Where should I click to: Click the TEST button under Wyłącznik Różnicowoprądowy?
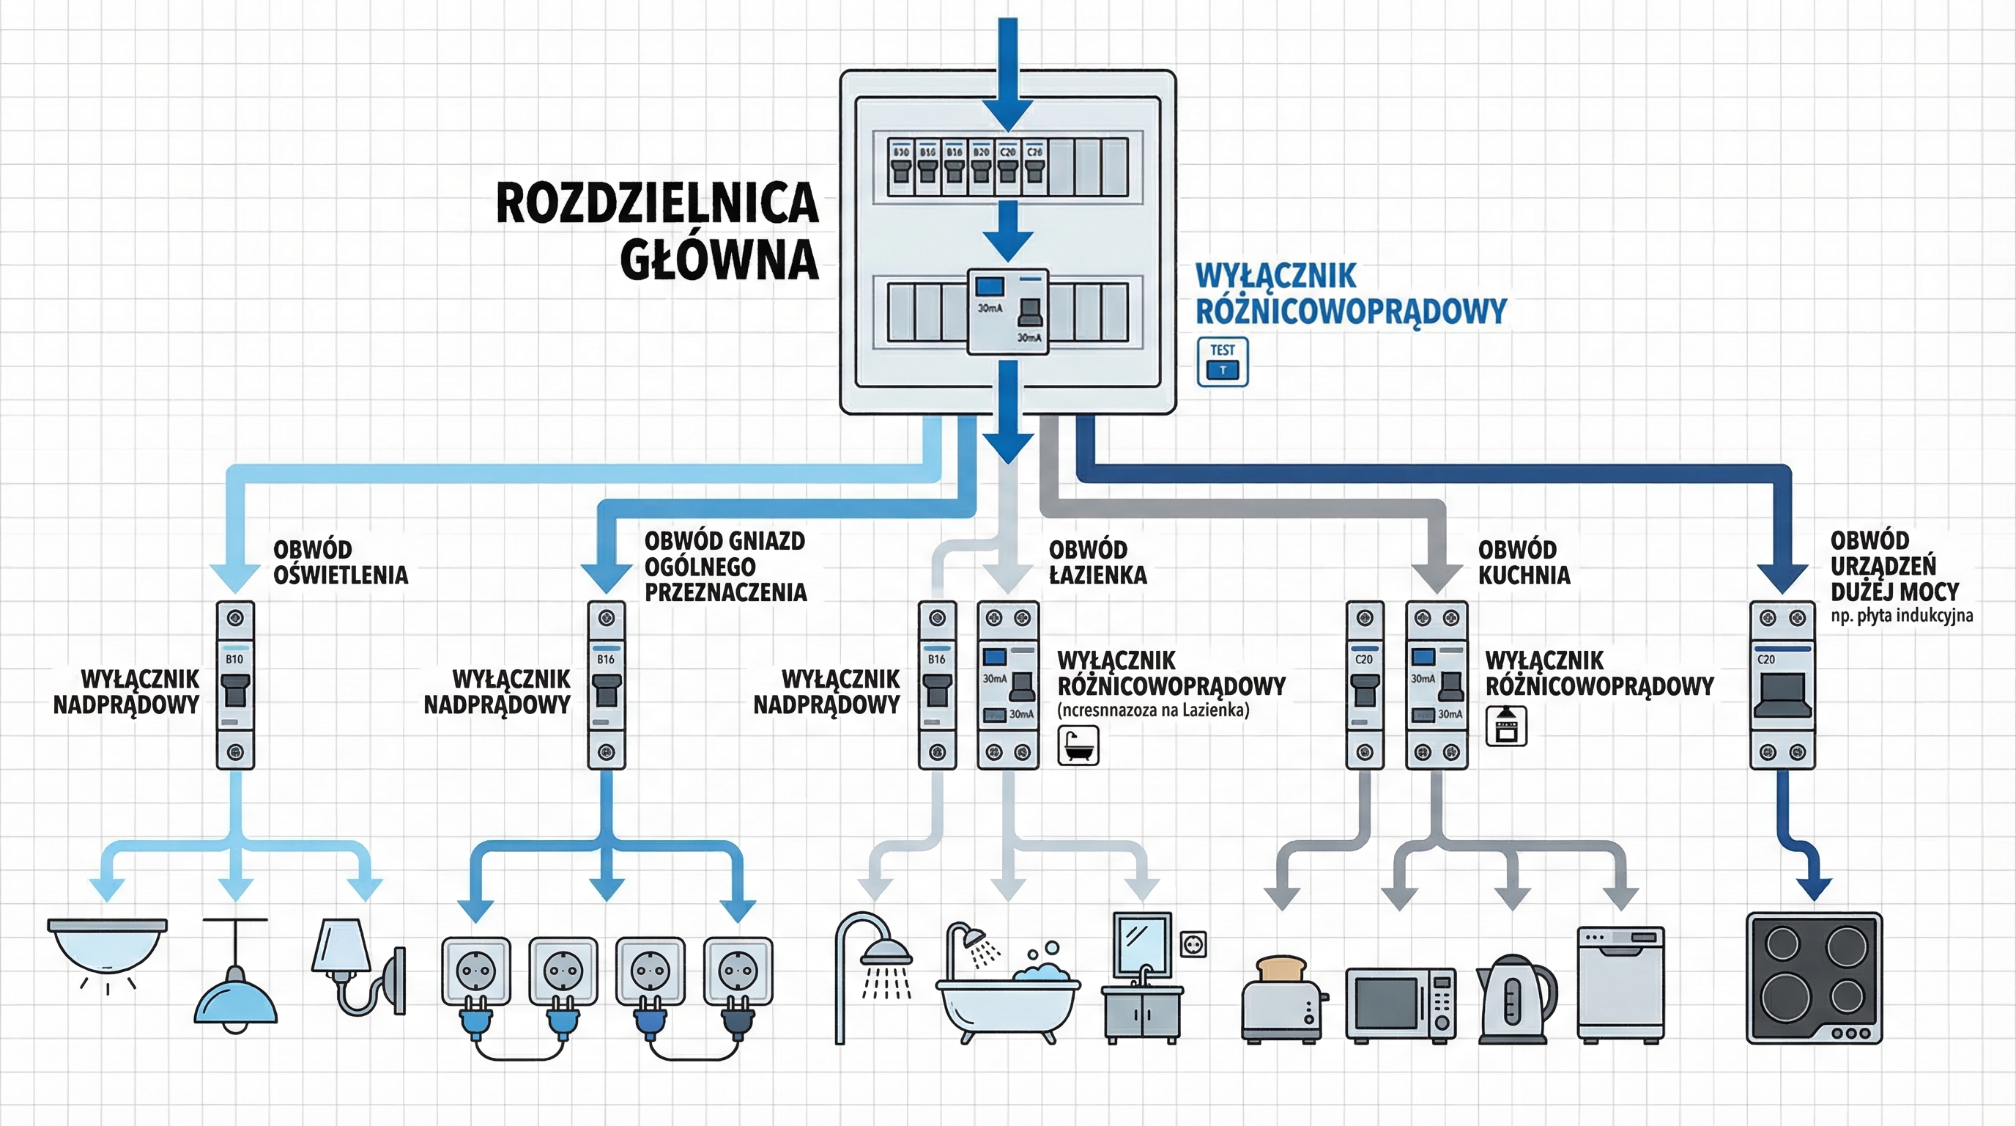(x=1223, y=361)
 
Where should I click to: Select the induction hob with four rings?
(x=1814, y=978)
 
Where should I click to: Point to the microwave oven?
(x=1400, y=1004)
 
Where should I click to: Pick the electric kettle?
(x=1514, y=1000)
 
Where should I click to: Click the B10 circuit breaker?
(x=234, y=685)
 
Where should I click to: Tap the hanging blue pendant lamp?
(x=236, y=990)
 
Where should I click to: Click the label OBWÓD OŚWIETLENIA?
(x=340, y=562)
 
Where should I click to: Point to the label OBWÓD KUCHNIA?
(x=1523, y=562)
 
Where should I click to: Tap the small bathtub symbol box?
(x=1078, y=745)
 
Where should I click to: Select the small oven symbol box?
(x=1505, y=726)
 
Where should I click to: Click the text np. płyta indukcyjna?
(x=1901, y=617)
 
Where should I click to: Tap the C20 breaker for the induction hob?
(x=1782, y=685)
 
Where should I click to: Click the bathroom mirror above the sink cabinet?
(x=1141, y=943)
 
